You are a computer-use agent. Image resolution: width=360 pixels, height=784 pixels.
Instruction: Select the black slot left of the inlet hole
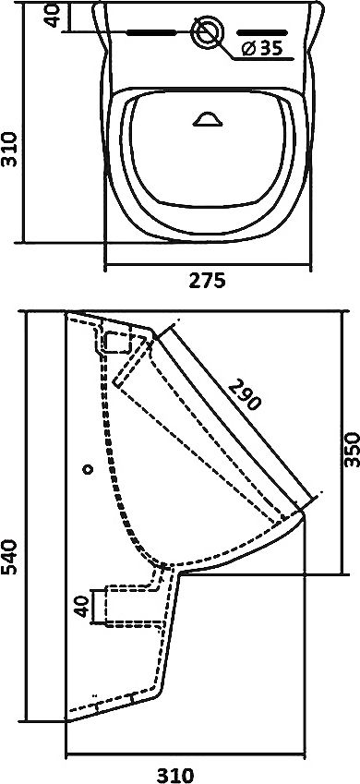150,33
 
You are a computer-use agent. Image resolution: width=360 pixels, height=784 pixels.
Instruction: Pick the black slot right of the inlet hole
270,33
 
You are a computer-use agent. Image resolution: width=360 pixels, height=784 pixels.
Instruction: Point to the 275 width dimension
208,282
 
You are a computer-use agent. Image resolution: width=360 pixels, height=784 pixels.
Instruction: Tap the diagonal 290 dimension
246,393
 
